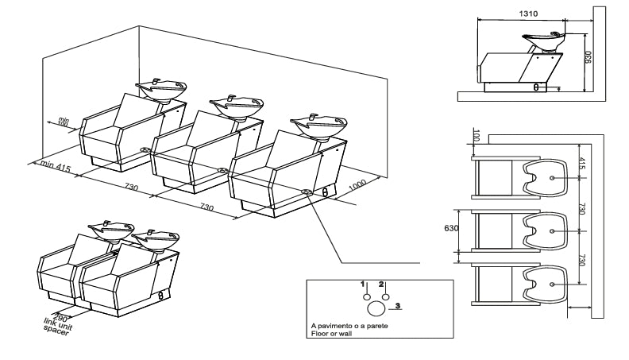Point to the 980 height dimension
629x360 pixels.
tap(588, 60)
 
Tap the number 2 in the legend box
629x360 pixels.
tap(383, 284)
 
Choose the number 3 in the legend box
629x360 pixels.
tap(398, 305)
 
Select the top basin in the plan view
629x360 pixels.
tap(547, 178)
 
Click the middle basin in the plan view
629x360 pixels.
tap(547, 230)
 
